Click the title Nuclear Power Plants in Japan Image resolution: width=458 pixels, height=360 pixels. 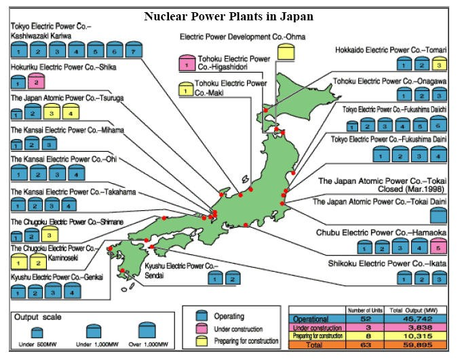tap(228, 15)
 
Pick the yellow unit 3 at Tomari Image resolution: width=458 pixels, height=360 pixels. tap(438, 64)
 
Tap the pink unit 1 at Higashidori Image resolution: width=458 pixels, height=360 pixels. tap(183, 66)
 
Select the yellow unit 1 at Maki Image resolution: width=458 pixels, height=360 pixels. tap(183, 90)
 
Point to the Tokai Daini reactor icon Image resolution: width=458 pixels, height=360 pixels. tap(438, 216)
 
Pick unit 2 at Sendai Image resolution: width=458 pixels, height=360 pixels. tap(233, 277)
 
